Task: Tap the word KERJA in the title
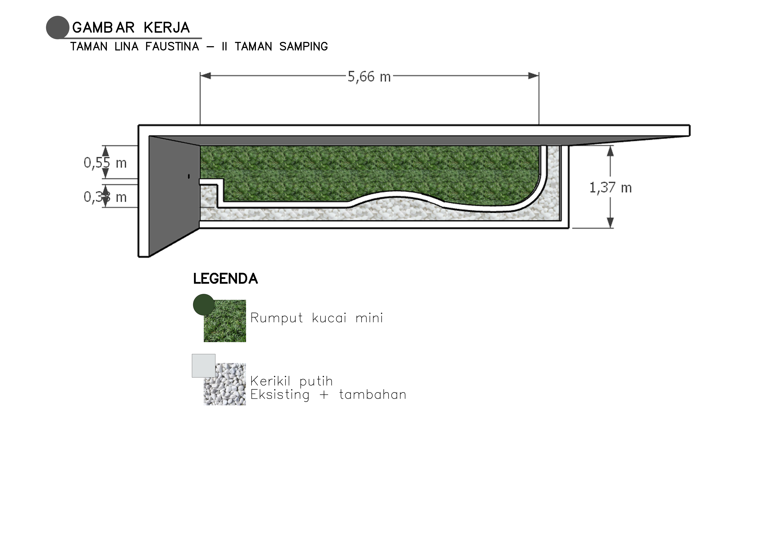point(167,28)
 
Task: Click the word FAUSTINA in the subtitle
point(172,47)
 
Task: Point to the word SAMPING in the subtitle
point(303,47)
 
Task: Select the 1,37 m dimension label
point(610,188)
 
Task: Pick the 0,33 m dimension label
point(105,197)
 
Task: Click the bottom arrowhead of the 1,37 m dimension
point(610,223)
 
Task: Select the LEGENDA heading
point(225,279)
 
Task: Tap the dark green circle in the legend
point(204,305)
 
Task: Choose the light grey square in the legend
point(204,365)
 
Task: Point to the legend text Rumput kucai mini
point(317,318)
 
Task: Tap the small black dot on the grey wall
point(189,176)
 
